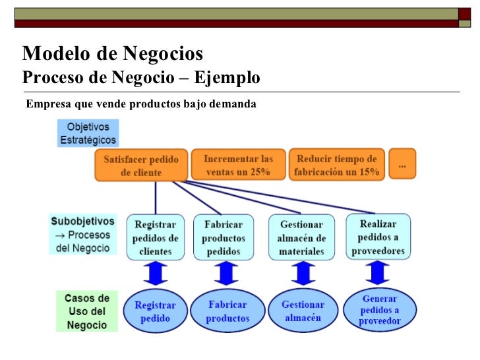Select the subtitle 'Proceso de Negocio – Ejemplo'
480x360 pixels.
(x=141, y=78)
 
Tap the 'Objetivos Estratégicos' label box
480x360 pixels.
(x=88, y=133)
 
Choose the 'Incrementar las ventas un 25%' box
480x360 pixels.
(x=238, y=165)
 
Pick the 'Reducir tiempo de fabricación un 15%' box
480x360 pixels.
(x=336, y=165)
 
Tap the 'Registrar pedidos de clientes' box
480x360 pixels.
(x=156, y=237)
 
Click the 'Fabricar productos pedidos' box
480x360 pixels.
(x=224, y=237)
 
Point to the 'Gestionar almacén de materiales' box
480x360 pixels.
(x=301, y=237)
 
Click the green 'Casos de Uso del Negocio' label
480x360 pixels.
(x=86, y=311)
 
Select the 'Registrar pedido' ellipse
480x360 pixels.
(x=156, y=312)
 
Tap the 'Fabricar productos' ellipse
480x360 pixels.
(x=227, y=311)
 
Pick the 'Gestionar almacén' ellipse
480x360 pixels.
(x=303, y=311)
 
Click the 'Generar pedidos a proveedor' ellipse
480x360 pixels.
(x=380, y=310)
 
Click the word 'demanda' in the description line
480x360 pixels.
(x=235, y=104)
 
